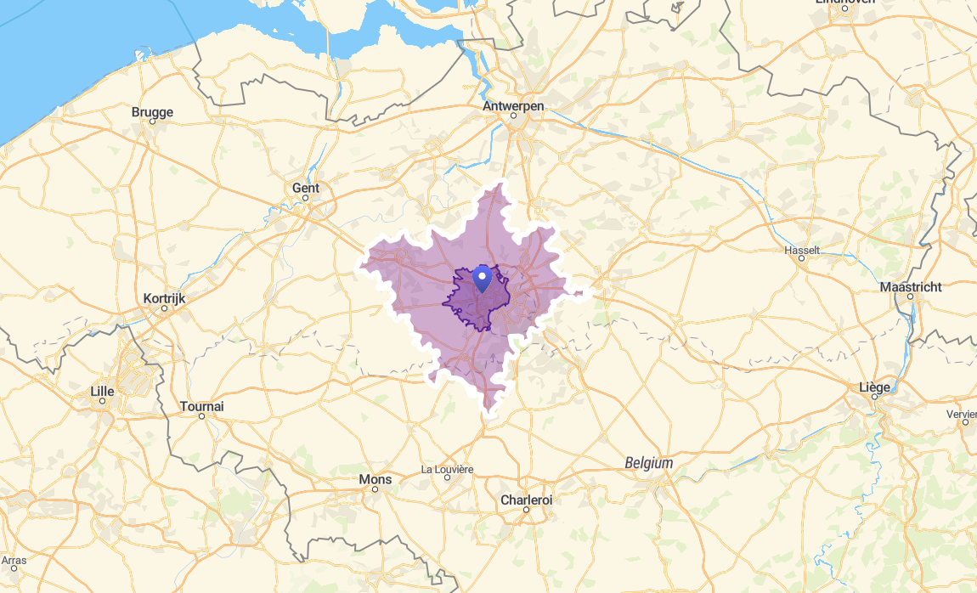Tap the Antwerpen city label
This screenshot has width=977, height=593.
pos(513,106)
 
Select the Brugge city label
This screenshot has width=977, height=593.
pos(153,111)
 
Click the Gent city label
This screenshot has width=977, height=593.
pos(306,188)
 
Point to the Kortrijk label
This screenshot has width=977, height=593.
pos(165,298)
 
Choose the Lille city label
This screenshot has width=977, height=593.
pos(102,391)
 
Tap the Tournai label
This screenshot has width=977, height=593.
pos(202,406)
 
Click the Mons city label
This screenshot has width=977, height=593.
pos(376,479)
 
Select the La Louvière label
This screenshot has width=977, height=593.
pos(447,469)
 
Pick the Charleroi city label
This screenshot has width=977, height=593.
pos(527,500)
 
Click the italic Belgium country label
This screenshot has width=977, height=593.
pos(649,463)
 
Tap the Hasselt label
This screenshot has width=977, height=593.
pos(802,250)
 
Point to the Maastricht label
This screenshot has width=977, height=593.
pos(911,286)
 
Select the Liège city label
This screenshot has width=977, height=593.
pos(875,387)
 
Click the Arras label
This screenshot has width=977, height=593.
pos(14,561)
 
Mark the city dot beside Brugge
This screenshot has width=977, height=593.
pos(153,121)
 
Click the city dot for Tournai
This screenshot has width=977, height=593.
pos(202,416)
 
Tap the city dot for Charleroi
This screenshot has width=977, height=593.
pos(527,510)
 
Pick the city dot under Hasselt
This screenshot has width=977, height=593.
pos(802,259)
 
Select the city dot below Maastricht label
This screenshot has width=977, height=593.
pos(910,296)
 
